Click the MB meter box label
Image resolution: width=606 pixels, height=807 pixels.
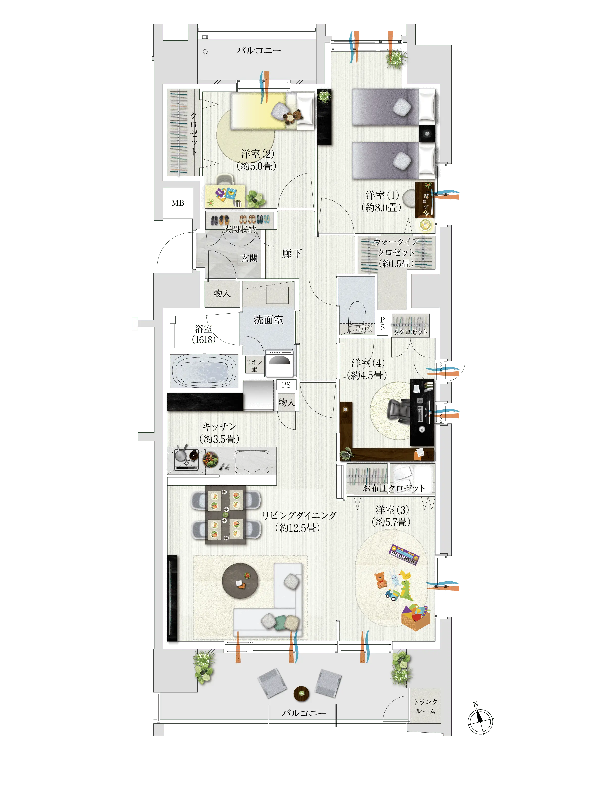coord(178,203)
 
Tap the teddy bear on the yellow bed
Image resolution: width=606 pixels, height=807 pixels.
coord(293,116)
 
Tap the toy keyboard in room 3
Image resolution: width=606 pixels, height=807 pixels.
coord(404,554)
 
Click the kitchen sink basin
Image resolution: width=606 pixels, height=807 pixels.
coord(252,462)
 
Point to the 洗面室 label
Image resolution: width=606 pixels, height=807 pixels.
coord(268,320)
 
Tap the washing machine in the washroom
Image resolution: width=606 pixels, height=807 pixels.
coord(280,363)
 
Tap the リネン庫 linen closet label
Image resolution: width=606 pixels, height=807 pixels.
coord(254,366)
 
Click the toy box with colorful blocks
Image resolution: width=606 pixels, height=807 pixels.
coord(416,617)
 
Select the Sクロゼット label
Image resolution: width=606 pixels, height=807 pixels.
coord(411,332)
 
